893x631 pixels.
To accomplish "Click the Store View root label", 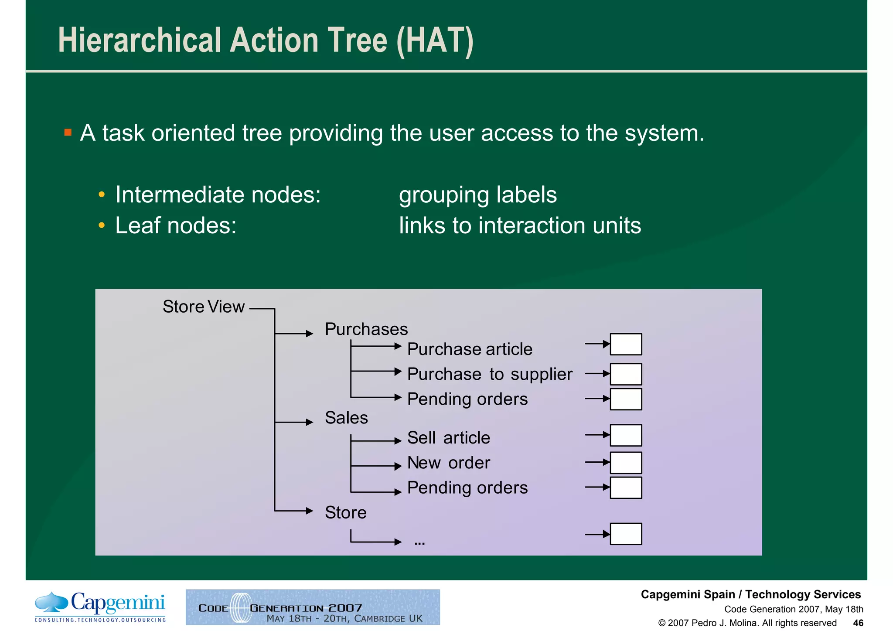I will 203,307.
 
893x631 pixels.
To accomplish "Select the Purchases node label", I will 366,329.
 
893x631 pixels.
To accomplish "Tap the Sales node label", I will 346,418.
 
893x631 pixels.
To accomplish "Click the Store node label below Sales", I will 345,512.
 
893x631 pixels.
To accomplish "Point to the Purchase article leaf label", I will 470,349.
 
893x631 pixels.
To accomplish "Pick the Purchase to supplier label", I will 489,374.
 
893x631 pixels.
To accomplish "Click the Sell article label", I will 448,438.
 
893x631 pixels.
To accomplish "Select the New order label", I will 448,463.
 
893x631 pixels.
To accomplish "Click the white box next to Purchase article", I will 625,344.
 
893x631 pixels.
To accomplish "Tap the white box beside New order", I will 625,463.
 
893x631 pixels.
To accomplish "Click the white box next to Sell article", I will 625,435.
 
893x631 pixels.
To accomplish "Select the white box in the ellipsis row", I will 625,534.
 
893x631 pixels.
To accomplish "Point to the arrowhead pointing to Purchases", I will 310,334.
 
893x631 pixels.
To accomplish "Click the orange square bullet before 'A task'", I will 68,132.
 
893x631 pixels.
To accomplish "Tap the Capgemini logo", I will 100,607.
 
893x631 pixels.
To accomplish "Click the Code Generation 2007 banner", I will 313,607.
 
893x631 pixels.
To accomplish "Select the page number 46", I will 858,623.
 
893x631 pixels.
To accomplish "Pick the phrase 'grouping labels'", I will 477,195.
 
